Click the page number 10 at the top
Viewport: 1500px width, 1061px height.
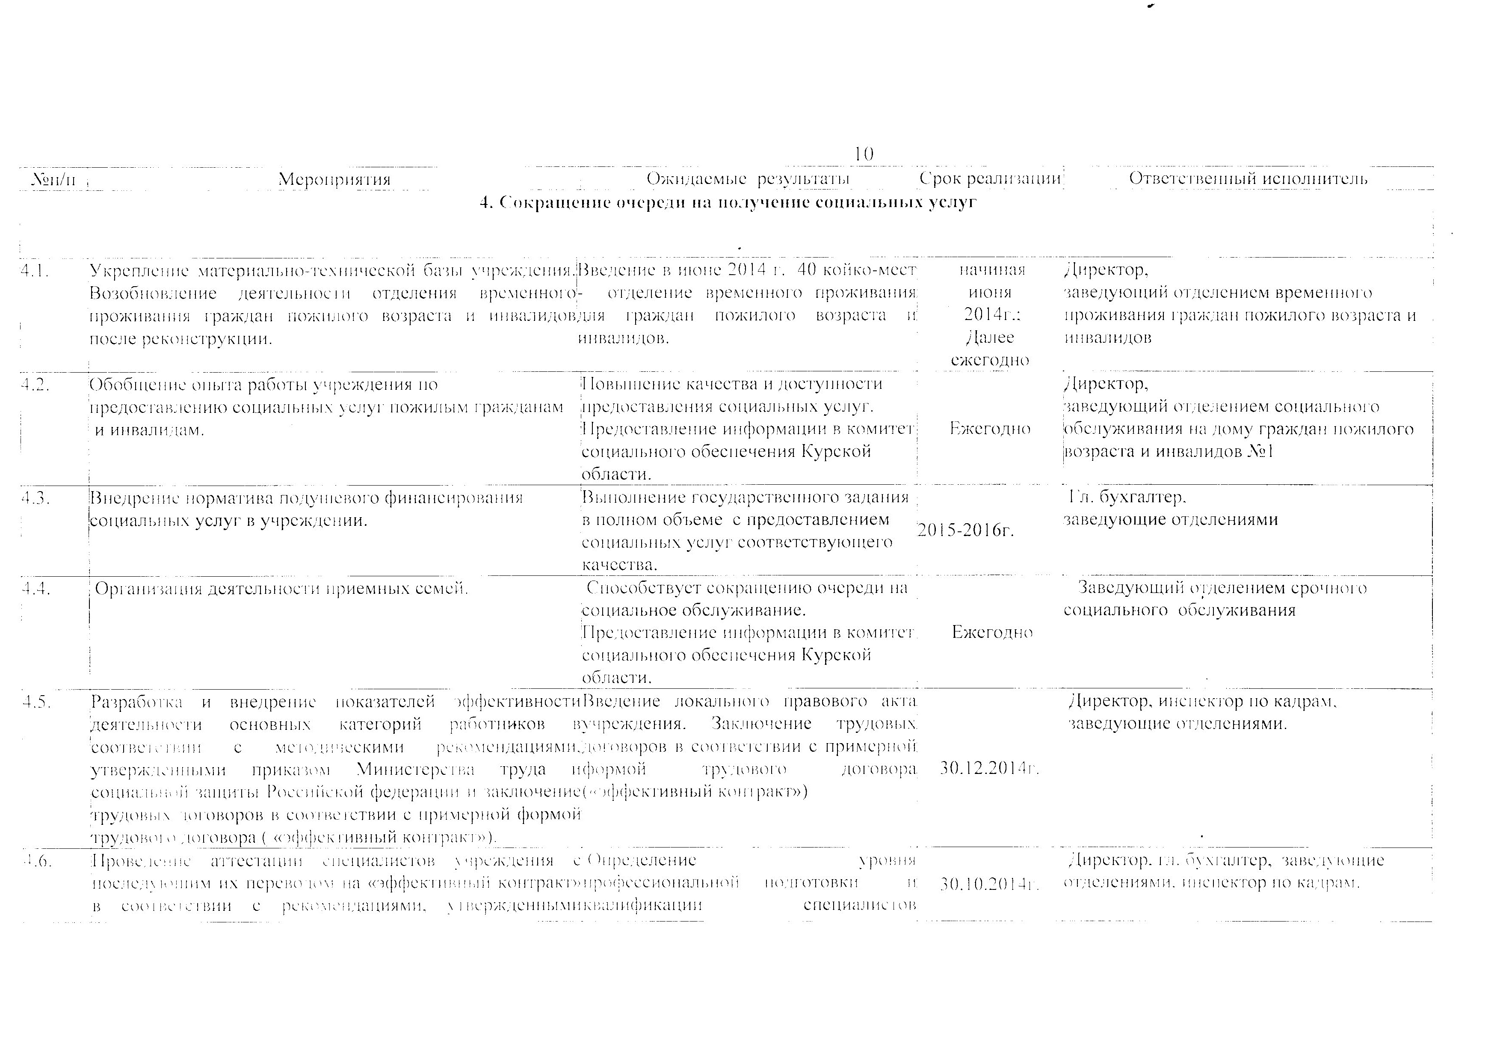coord(863,154)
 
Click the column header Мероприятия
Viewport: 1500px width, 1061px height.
coord(334,179)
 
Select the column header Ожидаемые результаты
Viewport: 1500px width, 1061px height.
coord(748,179)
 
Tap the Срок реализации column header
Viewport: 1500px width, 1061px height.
coord(990,178)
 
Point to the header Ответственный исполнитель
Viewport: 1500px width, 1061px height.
coord(1248,178)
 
